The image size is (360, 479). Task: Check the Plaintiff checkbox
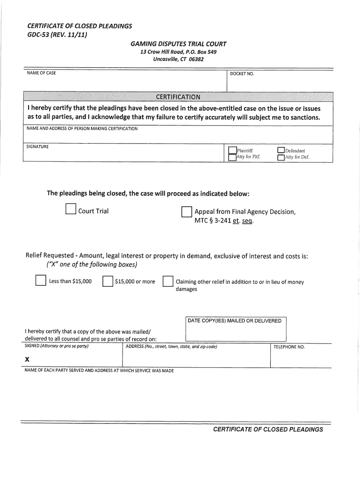click(232, 150)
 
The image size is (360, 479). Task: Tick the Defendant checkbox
click(281, 150)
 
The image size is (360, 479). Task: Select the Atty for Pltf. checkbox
click(232, 158)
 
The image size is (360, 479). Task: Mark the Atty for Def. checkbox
click(281, 158)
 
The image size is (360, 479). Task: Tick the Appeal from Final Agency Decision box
click(187, 212)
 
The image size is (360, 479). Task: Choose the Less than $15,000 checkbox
click(40, 281)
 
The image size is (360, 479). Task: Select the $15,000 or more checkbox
click(108, 281)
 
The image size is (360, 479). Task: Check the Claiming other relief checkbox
click(167, 281)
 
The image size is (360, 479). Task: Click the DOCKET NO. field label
click(242, 74)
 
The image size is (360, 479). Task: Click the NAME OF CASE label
click(41, 73)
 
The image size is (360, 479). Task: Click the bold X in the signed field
click(27, 359)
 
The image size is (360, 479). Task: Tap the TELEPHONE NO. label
click(289, 347)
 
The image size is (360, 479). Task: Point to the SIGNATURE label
click(37, 146)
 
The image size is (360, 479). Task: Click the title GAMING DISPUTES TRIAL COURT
click(178, 44)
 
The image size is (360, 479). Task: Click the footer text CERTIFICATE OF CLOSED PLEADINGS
click(268, 429)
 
